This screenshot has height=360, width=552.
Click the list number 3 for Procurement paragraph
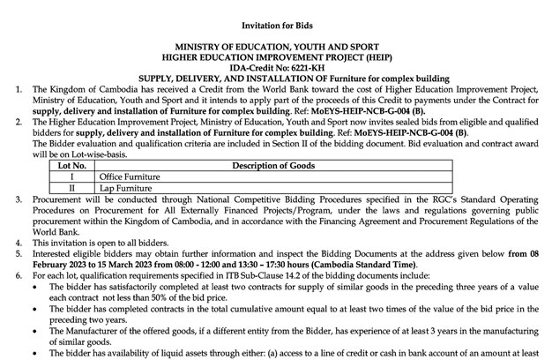(x=7, y=201)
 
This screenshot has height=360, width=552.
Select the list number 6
(x=7, y=276)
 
